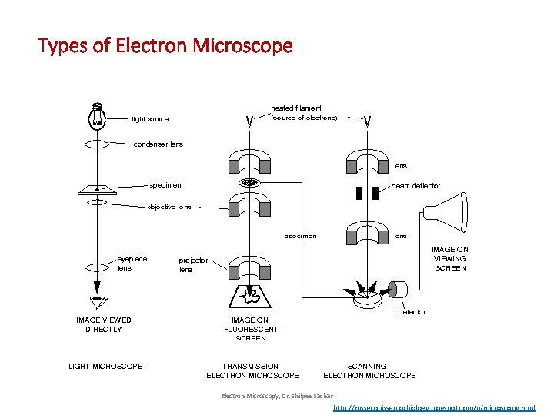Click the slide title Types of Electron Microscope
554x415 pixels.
coord(165,46)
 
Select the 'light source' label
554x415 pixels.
coord(150,119)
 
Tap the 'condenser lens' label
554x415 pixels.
coord(159,144)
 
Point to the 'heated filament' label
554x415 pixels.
coord(296,108)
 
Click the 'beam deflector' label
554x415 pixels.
coord(416,185)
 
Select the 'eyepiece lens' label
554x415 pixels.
coord(132,264)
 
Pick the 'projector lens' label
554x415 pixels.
coord(193,265)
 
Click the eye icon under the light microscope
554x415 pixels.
coord(97,300)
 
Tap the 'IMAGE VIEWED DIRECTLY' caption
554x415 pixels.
coord(104,324)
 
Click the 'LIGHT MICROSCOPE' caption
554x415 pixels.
coord(105,366)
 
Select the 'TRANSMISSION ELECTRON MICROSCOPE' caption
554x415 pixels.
coord(252,370)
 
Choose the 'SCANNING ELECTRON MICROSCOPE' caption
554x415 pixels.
coord(369,370)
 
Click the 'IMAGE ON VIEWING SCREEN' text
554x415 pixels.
coord(450,259)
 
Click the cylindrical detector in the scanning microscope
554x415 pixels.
coord(399,290)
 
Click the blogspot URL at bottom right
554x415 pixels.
coord(434,407)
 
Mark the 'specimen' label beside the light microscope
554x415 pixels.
coord(165,185)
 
